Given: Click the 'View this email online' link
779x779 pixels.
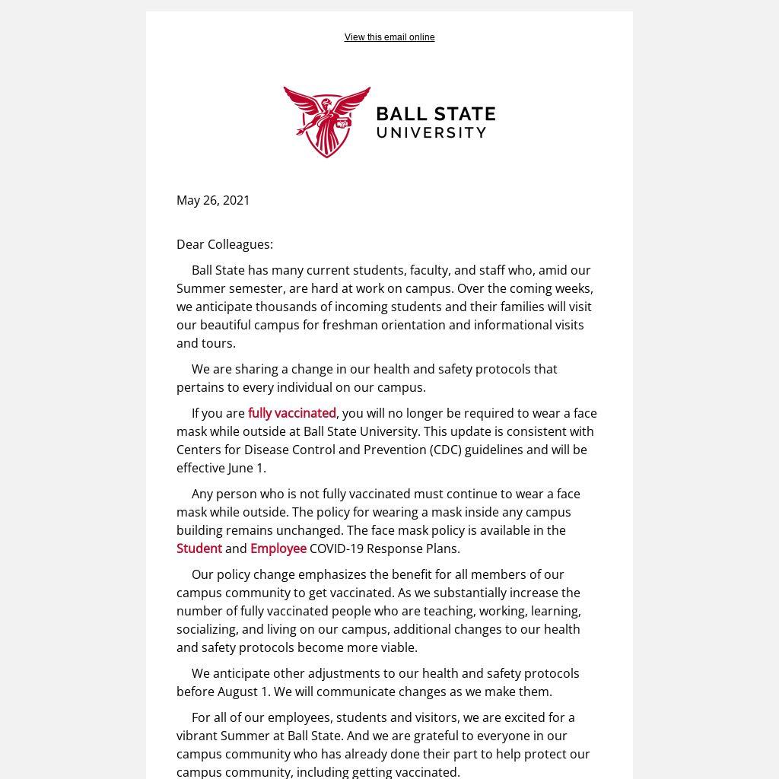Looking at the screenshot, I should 389,37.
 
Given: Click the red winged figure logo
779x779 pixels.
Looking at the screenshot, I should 327,121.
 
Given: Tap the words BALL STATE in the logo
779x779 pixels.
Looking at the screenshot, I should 436,114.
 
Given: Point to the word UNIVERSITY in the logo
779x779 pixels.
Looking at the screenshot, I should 431,132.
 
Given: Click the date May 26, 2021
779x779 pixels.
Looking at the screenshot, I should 213,200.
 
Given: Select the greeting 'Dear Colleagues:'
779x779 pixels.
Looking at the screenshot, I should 224,244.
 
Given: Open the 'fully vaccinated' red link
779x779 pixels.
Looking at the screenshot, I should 292,413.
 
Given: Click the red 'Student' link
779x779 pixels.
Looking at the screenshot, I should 199,548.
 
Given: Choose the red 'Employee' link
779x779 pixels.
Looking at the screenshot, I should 278,548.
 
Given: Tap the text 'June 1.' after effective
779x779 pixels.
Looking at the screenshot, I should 247,468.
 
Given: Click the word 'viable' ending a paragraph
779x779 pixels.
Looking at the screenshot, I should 399,647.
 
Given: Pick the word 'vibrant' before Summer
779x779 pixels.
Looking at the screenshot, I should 196,736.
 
